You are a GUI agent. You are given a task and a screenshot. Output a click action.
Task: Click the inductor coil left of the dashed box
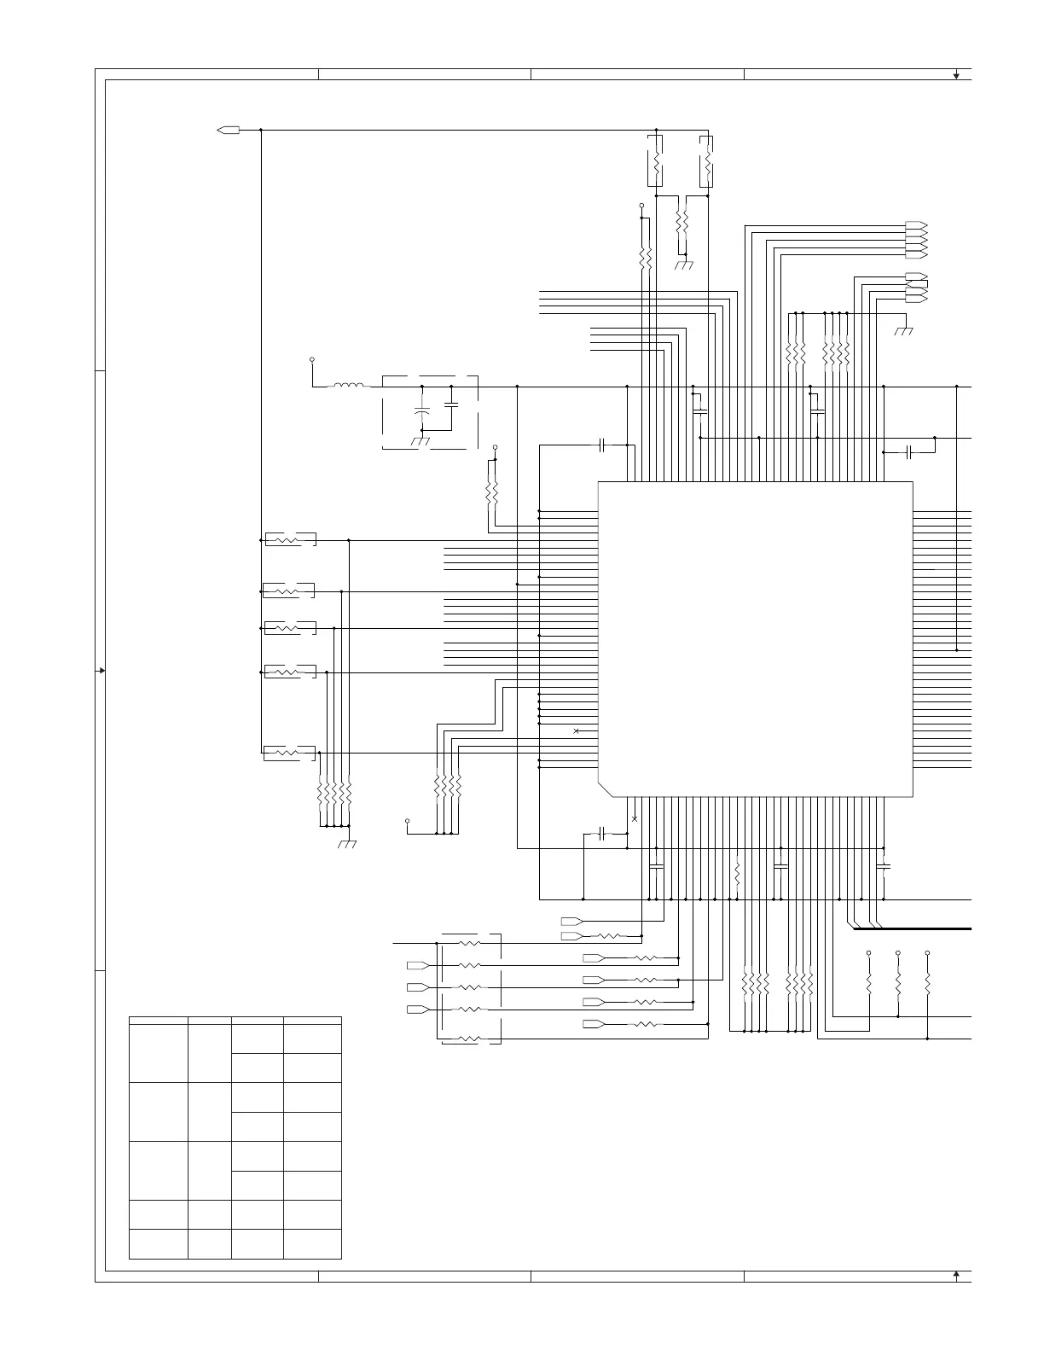(347, 387)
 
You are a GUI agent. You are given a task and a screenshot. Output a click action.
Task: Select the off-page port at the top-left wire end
(228, 131)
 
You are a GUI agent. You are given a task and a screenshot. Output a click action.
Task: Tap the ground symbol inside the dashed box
(420, 440)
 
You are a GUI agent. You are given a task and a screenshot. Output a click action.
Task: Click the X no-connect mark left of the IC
(577, 731)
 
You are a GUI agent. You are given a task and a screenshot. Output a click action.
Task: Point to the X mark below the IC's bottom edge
(634, 819)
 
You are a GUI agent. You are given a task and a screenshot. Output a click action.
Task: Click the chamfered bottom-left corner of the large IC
(606, 788)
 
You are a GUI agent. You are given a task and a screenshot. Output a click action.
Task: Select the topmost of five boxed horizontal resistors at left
(291, 539)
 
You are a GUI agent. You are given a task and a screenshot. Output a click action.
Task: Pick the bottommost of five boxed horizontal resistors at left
(289, 753)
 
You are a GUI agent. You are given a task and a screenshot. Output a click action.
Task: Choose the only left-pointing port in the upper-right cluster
(916, 276)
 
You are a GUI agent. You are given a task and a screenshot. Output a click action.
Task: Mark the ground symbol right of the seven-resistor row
(903, 330)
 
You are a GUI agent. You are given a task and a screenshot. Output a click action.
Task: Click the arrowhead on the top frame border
(956, 75)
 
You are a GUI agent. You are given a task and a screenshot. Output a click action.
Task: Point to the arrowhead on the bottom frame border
(956, 1275)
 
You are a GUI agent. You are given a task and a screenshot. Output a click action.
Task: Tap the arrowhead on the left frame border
(101, 671)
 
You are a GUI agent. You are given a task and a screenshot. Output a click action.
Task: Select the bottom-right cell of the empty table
(312, 1243)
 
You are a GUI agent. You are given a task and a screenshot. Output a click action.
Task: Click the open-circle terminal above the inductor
(311, 360)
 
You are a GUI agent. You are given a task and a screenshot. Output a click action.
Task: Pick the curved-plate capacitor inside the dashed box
(421, 410)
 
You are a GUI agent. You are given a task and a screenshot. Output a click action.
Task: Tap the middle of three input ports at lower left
(417, 987)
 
